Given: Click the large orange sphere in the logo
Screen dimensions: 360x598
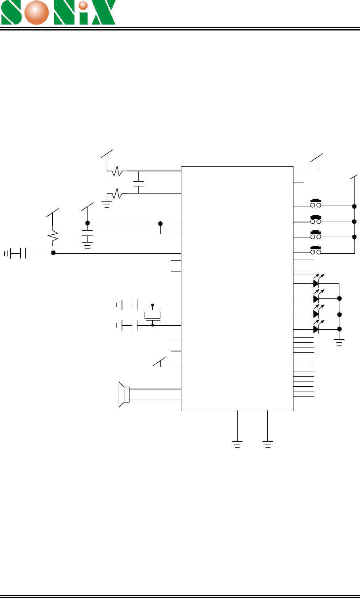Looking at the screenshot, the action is tap(36, 13).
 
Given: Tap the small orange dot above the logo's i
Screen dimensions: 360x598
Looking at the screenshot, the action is tap(83, 6).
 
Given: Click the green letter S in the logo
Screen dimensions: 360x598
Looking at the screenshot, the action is tap(11, 12).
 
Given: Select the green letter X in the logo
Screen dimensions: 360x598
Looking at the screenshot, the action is tap(103, 12).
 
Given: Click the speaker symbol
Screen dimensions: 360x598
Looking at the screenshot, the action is tap(124, 395).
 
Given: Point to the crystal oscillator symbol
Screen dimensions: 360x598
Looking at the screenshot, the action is tap(152, 315).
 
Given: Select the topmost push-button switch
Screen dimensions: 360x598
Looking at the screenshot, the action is tap(316, 203).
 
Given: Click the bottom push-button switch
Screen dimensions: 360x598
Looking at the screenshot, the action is tap(316, 250).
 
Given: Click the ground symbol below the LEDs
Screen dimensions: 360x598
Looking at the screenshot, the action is tap(339, 342).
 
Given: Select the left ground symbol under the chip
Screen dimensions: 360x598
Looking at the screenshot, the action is tap(237, 444).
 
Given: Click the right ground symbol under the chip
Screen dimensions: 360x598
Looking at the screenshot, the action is tap(268, 444).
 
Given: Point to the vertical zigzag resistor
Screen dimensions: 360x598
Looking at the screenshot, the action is tap(53, 236).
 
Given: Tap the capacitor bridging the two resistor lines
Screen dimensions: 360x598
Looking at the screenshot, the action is tap(138, 184).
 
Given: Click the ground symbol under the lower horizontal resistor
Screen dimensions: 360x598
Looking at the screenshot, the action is tap(107, 204).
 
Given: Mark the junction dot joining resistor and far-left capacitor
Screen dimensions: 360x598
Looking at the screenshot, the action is tap(53, 253).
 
